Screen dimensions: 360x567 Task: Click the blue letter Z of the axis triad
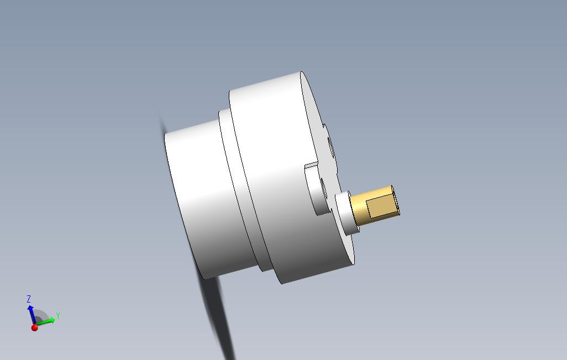29,299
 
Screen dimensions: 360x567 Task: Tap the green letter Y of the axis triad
57,316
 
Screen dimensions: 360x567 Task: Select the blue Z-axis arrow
32,313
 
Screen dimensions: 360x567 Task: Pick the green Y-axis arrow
46,321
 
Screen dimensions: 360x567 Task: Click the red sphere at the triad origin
35,328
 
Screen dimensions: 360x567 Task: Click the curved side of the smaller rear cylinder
199,199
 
